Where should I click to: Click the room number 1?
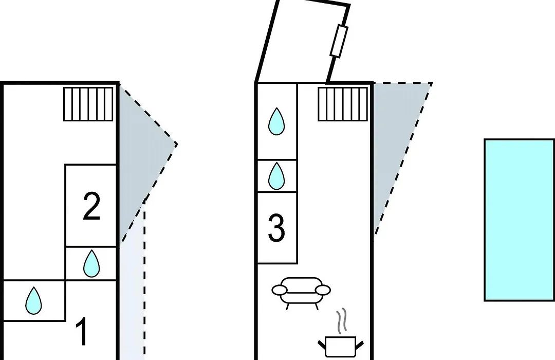coord(82,332)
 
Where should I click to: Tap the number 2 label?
coord(91,206)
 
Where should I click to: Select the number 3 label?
coord(276,228)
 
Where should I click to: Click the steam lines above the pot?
coord(342,321)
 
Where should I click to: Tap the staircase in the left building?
coord(88,104)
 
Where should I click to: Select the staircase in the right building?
coord(343,104)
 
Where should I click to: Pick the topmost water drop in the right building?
coord(276,121)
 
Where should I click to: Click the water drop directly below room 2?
coord(91,263)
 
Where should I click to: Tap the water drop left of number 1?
coord(33,300)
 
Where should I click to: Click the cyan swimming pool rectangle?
coord(519,220)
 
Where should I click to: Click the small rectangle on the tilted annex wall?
coord(339,41)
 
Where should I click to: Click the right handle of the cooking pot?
coord(360,345)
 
